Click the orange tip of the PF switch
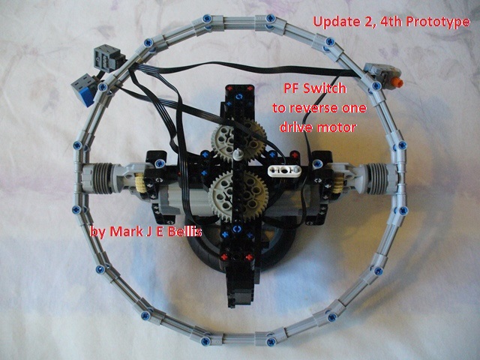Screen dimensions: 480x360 398,82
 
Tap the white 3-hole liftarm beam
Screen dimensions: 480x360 284,170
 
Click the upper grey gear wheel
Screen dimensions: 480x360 238,141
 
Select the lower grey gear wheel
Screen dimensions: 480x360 238,196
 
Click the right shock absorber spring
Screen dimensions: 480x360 379,178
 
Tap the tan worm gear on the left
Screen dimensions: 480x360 140,182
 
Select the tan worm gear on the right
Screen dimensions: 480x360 338,183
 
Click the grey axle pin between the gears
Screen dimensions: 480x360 238,153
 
